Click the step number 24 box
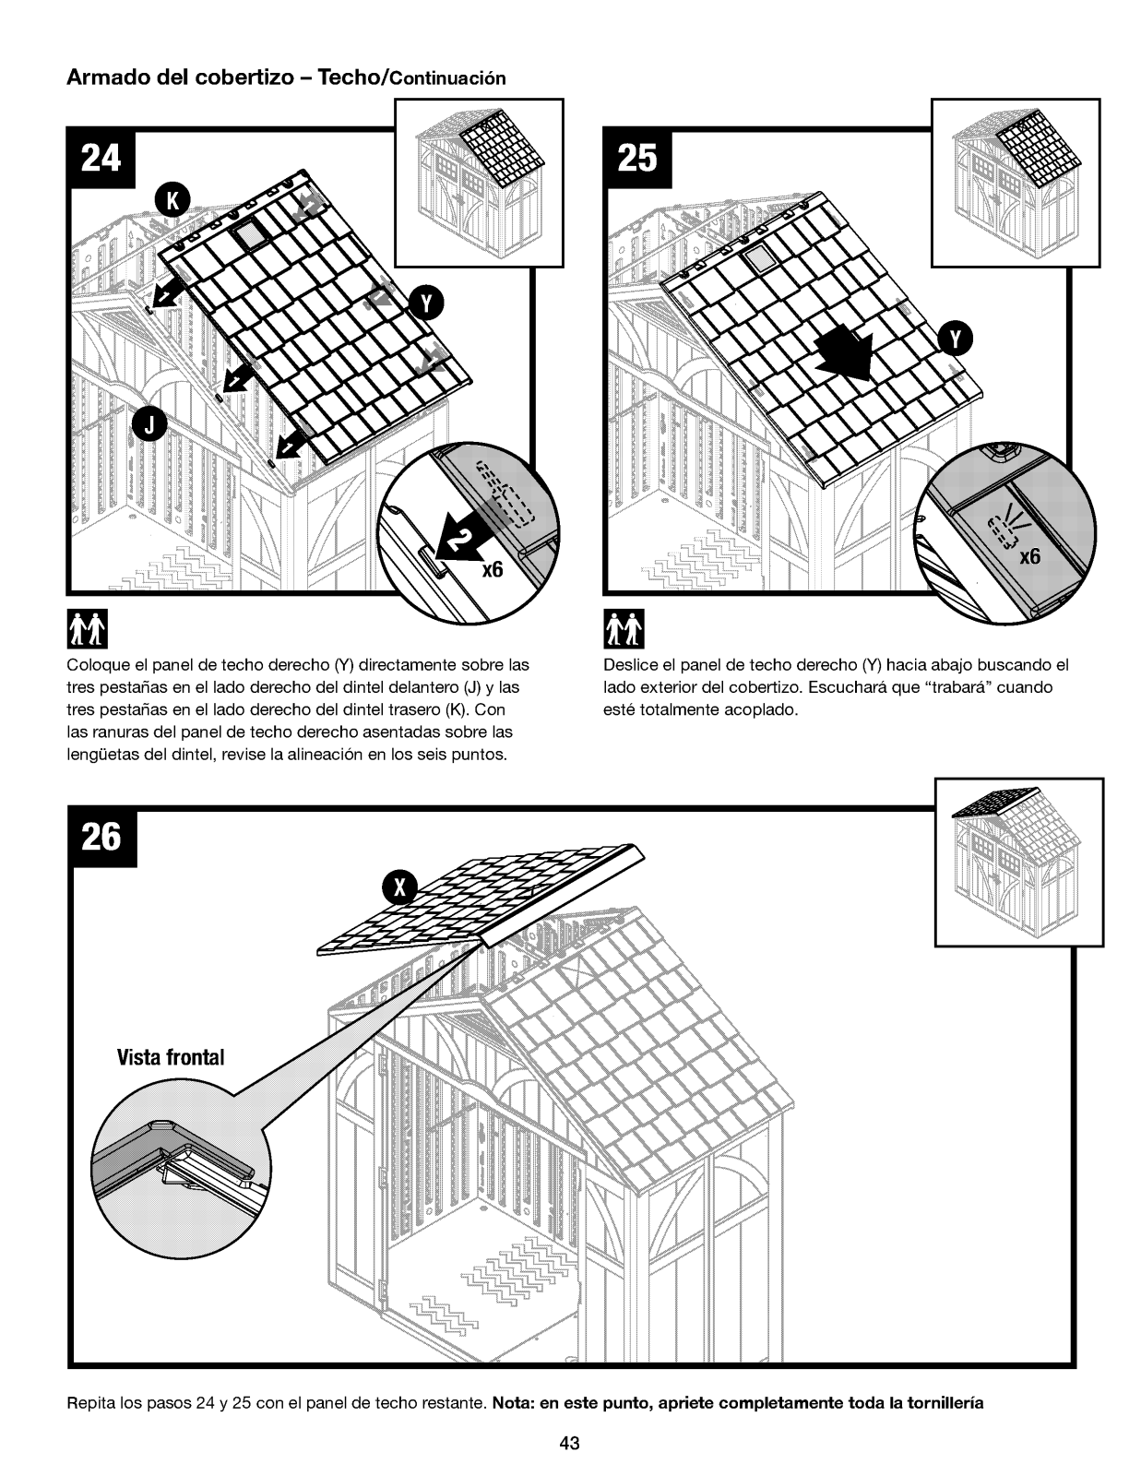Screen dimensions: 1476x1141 point(101,160)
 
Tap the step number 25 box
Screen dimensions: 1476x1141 point(637,160)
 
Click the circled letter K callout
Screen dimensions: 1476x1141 point(172,201)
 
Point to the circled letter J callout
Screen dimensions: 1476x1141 point(150,424)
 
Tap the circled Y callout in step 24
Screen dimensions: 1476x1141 point(425,302)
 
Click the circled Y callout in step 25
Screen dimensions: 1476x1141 point(956,340)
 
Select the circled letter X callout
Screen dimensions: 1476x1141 point(399,887)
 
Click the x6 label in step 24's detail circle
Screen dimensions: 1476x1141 point(492,569)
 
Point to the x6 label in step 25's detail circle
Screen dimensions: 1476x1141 point(1028,557)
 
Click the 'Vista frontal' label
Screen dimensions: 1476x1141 point(171,1057)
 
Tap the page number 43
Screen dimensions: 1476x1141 point(569,1444)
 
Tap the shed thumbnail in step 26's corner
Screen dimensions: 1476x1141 point(1018,862)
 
